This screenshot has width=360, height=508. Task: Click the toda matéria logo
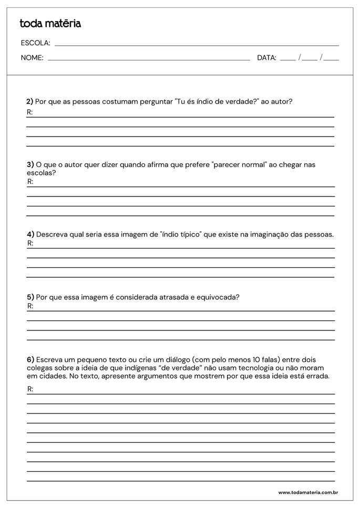[50, 24]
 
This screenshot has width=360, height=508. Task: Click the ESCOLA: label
[35, 43]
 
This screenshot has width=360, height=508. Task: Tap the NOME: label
[32, 58]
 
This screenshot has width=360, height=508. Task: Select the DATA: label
[266, 58]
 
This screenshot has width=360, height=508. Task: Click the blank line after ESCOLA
[197, 45]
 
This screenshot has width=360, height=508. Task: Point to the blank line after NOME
[149, 60]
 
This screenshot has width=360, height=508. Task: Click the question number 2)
[30, 101]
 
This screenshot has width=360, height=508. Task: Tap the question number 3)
[30, 164]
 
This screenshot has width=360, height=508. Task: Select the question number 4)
[30, 234]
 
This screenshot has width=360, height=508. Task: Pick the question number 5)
[30, 297]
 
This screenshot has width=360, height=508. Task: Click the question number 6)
[30, 360]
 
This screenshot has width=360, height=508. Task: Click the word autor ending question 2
[281, 101]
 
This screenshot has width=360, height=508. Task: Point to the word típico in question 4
[190, 234]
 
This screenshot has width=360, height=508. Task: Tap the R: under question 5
[30, 306]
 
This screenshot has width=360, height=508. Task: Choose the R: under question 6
[30, 389]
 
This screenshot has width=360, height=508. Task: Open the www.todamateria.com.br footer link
[307, 493]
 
